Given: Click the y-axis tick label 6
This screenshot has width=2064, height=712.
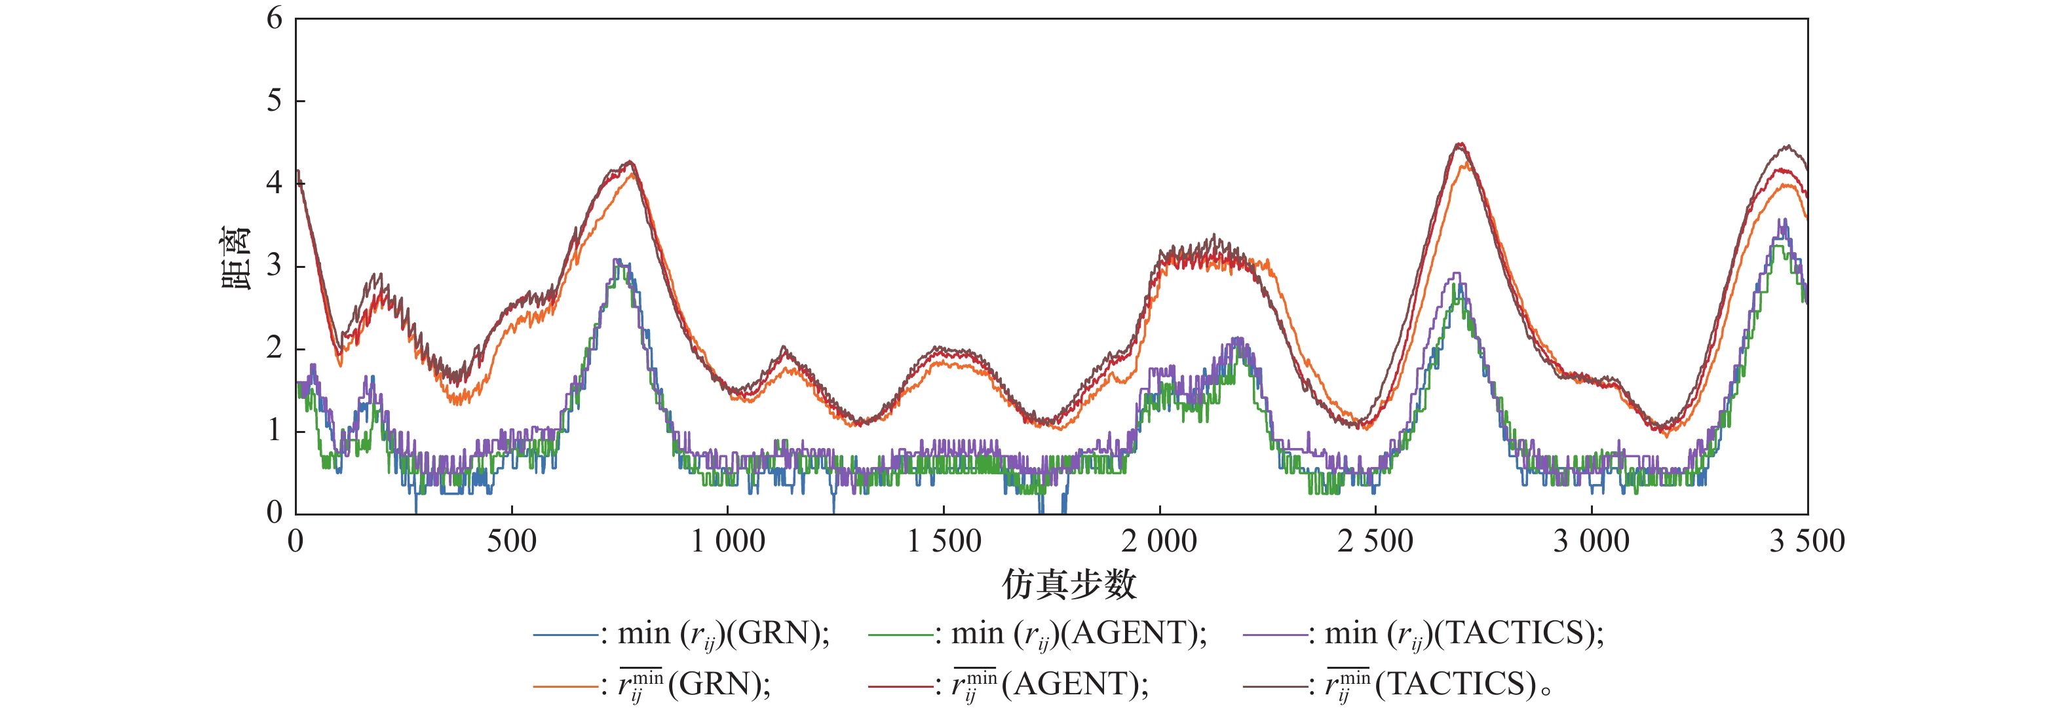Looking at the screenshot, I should tap(275, 18).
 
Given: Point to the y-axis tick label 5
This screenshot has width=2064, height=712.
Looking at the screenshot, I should tap(275, 101).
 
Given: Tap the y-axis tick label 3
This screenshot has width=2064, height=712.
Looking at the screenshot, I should tap(275, 266).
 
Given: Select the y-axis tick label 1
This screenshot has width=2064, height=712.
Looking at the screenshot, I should tap(275, 431).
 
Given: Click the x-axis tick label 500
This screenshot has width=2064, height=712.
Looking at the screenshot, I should tap(511, 542).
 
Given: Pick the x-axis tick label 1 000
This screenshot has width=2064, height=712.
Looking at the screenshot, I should tap(727, 542).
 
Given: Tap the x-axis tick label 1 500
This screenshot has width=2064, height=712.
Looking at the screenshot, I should tap(944, 542).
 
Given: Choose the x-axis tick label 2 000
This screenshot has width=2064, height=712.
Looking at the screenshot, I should tap(1158, 542).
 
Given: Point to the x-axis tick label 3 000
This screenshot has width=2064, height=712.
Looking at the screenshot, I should tap(1592, 542).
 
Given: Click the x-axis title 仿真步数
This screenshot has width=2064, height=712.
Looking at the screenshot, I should tap(1069, 585).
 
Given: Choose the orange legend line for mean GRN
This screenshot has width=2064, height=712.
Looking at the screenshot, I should tap(565, 686).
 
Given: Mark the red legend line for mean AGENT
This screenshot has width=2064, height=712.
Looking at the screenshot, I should tap(900, 686).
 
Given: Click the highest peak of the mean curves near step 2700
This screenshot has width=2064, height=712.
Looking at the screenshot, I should tap(1461, 145).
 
